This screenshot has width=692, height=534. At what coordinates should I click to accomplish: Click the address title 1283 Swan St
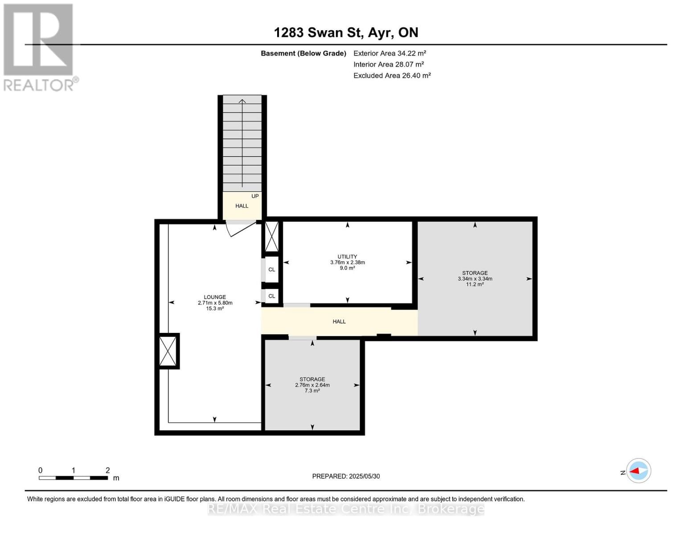tap(346, 32)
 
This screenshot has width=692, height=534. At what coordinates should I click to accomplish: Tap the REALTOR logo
tap(39, 47)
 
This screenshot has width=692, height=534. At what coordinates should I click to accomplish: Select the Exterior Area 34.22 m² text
tap(389, 53)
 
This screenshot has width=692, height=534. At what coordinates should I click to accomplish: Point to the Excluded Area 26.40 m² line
tap(392, 76)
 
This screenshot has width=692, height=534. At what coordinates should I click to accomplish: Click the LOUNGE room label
tap(215, 297)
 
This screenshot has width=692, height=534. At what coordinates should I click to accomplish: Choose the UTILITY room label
tap(347, 257)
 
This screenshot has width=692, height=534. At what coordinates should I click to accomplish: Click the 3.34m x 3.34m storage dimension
tap(475, 279)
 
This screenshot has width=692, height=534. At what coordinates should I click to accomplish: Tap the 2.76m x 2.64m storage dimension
tap(312, 385)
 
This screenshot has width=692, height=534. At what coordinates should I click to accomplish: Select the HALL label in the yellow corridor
tap(339, 321)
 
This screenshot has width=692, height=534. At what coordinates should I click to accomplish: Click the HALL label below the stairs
tap(242, 206)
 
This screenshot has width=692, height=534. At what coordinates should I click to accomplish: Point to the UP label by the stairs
tap(255, 196)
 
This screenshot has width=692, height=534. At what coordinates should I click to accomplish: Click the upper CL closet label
tap(272, 270)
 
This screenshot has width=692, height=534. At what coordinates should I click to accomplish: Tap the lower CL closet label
tap(272, 296)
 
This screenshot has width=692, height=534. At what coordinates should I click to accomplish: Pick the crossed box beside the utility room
tap(272, 236)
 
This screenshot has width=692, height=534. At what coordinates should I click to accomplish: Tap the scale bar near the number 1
tap(73, 478)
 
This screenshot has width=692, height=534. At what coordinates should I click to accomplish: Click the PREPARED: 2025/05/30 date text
tap(346, 476)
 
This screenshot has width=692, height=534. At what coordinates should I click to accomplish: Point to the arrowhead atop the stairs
tap(242, 101)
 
